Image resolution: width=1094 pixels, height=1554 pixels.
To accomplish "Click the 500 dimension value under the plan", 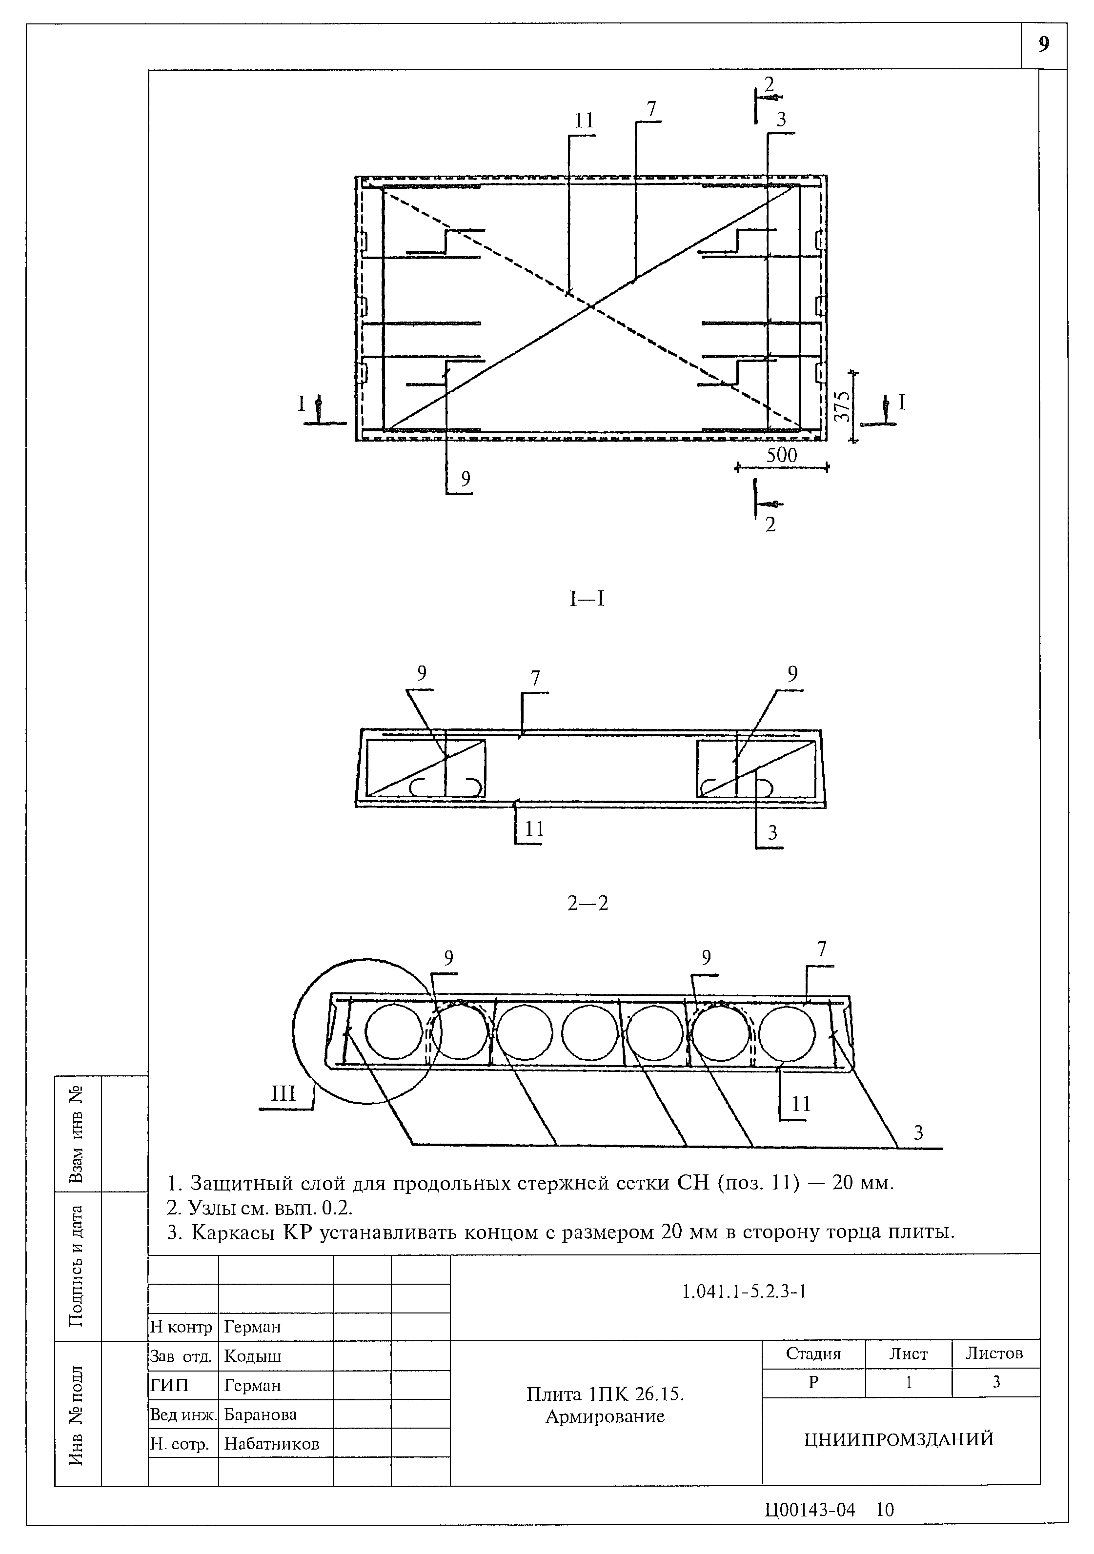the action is pyautogui.click(x=781, y=456).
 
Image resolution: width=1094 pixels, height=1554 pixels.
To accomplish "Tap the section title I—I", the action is pyautogui.click(x=586, y=599).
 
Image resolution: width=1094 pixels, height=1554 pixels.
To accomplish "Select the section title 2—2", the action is pyautogui.click(x=588, y=903).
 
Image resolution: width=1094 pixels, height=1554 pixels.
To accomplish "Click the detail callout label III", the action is pyautogui.click(x=283, y=1094).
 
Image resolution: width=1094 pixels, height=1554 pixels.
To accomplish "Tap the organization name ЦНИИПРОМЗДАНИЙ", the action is pyautogui.click(x=899, y=1438).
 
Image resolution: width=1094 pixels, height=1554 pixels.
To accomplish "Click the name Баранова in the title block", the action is pyautogui.click(x=261, y=1414).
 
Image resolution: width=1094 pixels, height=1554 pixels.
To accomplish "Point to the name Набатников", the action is pyautogui.click(x=271, y=1444).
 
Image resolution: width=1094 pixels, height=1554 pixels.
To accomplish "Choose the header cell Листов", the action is pyautogui.click(x=994, y=1353).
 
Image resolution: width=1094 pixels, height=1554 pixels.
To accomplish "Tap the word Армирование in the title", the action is pyautogui.click(x=605, y=1416).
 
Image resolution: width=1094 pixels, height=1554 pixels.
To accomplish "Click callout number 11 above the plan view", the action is pyautogui.click(x=584, y=121).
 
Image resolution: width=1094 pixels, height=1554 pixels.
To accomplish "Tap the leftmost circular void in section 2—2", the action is pyautogui.click(x=393, y=1031).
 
